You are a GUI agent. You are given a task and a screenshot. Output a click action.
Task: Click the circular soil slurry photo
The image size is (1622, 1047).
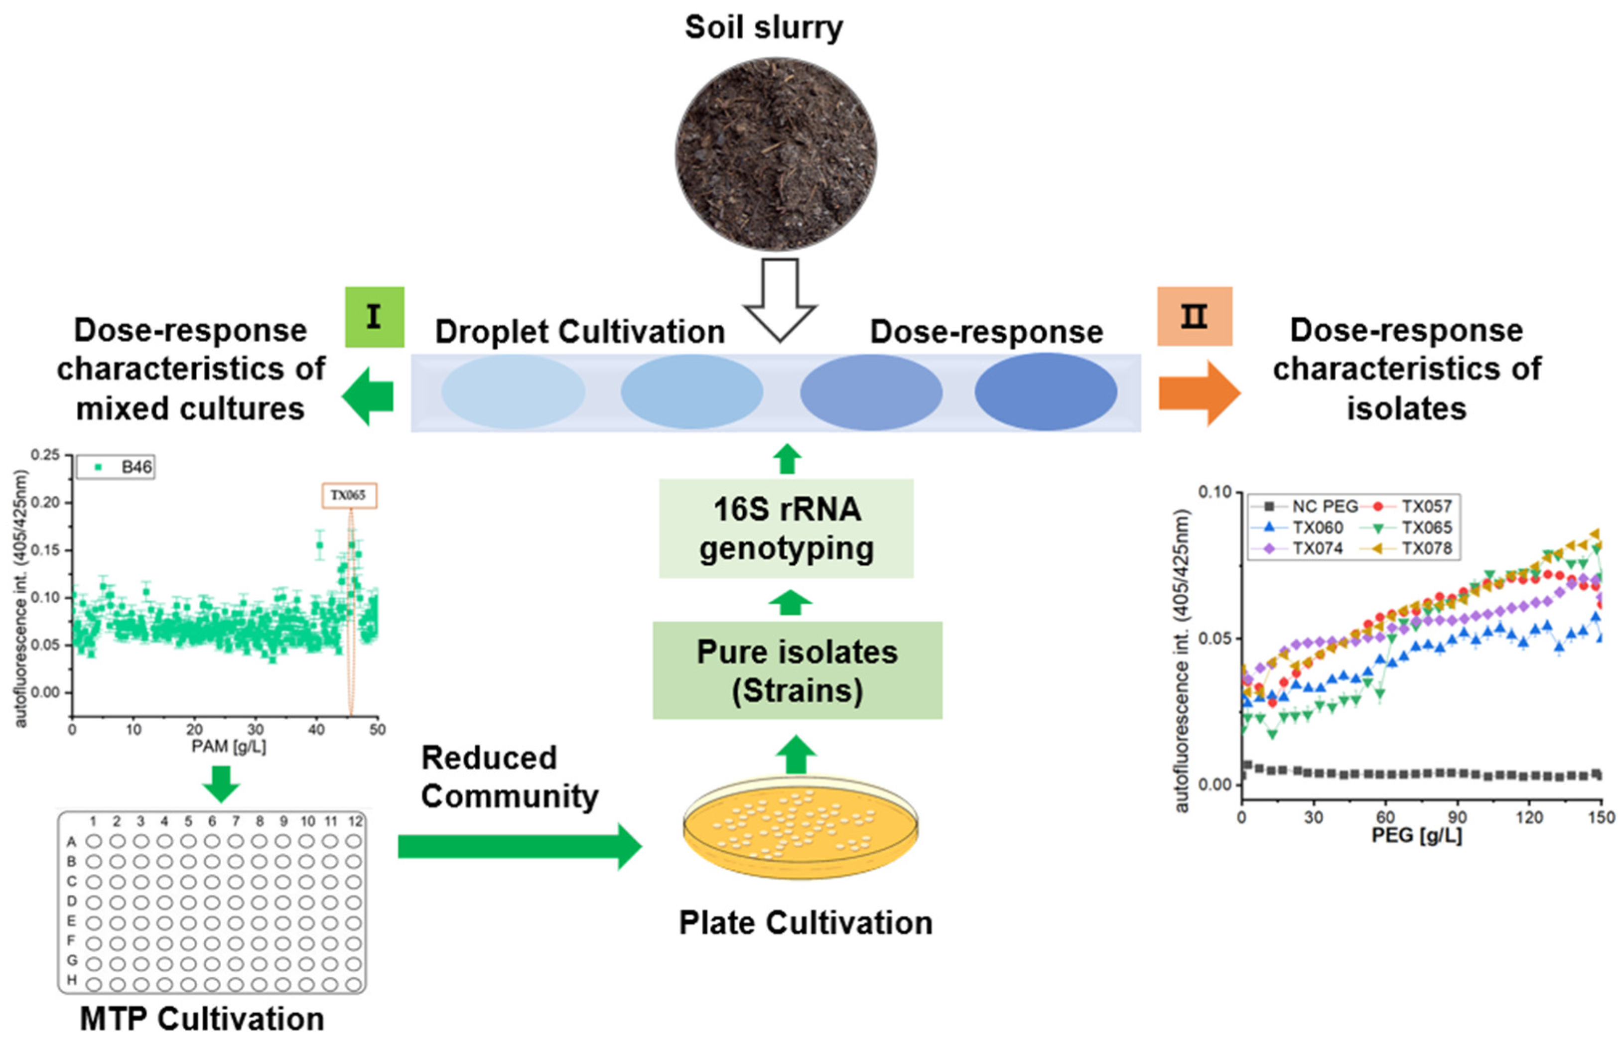pyautogui.click(x=775, y=154)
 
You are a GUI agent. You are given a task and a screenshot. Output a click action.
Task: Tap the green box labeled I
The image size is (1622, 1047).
pyautogui.click(x=374, y=317)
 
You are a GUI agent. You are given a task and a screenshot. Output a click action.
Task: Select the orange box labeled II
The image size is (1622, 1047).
pyautogui.click(x=1195, y=316)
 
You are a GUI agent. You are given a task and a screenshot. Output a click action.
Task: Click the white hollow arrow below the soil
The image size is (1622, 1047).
pyautogui.click(x=779, y=299)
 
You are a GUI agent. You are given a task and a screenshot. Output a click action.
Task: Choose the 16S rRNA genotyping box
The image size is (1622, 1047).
pyautogui.click(x=786, y=528)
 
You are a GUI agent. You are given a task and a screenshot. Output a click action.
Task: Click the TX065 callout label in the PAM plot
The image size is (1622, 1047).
pyautogui.click(x=349, y=495)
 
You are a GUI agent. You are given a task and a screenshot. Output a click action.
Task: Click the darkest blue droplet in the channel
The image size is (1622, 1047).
pyautogui.click(x=1046, y=392)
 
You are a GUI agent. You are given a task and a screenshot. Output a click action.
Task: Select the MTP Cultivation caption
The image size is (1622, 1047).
pyautogui.click(x=202, y=1019)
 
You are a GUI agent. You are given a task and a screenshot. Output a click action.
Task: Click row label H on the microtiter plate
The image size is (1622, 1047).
pyautogui.click(x=71, y=980)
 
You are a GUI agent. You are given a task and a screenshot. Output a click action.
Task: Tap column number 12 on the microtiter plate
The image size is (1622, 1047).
pyautogui.click(x=355, y=821)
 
